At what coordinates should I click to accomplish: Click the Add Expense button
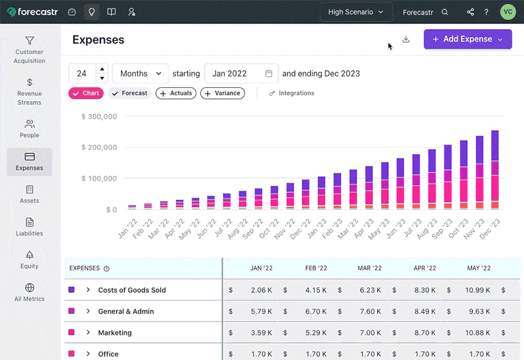click(x=467, y=39)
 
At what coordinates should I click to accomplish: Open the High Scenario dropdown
click(x=356, y=12)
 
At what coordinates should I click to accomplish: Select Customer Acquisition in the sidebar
click(x=30, y=50)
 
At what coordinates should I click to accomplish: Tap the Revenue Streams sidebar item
click(x=30, y=92)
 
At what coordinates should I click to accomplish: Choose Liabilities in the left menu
click(x=30, y=227)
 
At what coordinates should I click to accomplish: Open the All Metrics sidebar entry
click(x=30, y=292)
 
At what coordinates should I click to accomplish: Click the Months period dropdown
click(x=141, y=73)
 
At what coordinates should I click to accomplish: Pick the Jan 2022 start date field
click(x=242, y=73)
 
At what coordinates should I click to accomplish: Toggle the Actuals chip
click(x=176, y=93)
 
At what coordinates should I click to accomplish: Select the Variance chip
click(x=223, y=93)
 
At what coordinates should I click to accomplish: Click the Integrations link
click(x=292, y=93)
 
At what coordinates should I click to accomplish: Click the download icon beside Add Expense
click(x=406, y=39)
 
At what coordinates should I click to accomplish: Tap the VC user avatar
click(x=508, y=12)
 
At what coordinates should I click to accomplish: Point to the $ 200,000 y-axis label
click(x=99, y=148)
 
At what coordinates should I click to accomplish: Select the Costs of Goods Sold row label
click(x=132, y=290)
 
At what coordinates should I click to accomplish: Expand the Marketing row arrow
click(x=88, y=333)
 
